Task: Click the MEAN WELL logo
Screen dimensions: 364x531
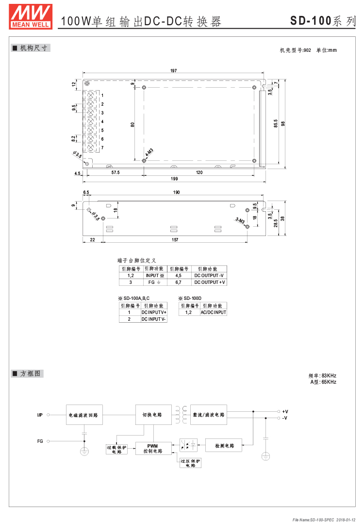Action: (x=31, y=16)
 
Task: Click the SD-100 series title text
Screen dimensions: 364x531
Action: (x=323, y=21)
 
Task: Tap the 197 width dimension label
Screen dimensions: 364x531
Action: (x=173, y=71)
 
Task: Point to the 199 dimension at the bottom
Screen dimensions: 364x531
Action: (x=174, y=179)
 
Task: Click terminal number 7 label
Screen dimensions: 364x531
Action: (x=102, y=148)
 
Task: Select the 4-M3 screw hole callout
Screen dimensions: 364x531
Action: (x=149, y=152)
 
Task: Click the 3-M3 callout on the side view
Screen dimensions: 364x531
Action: (x=240, y=220)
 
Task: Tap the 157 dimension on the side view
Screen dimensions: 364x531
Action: (x=175, y=240)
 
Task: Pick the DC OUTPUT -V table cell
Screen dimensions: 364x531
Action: (x=209, y=276)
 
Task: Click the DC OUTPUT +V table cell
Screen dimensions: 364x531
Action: (x=209, y=282)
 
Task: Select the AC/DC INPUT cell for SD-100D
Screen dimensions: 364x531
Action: (x=214, y=312)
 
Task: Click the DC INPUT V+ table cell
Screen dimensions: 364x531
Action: (x=154, y=312)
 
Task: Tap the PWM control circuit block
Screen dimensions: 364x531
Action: (x=153, y=448)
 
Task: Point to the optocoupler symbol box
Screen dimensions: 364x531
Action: (x=188, y=445)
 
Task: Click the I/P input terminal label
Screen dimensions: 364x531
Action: (x=40, y=415)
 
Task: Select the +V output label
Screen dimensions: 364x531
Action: (x=285, y=412)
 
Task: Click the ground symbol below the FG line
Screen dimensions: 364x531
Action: (x=84, y=451)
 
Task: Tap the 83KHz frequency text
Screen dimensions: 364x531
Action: (x=329, y=375)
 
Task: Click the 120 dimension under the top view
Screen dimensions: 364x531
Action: (x=199, y=172)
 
